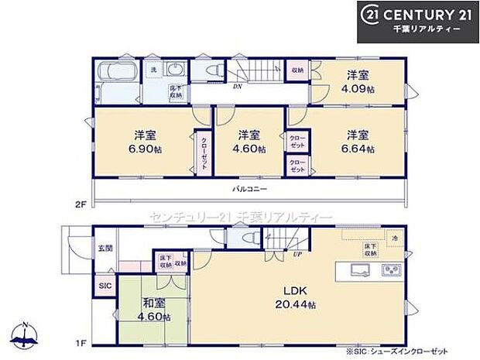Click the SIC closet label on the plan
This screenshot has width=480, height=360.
pos(105,285)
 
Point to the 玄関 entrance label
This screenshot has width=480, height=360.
pos(105,248)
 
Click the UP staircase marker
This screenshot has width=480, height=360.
pos(297,253)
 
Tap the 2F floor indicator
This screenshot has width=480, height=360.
pos(79,204)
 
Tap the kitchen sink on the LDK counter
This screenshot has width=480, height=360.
pos(361,270)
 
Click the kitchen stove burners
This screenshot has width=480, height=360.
pos(389,270)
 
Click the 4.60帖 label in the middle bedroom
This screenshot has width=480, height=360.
pos(251,149)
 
